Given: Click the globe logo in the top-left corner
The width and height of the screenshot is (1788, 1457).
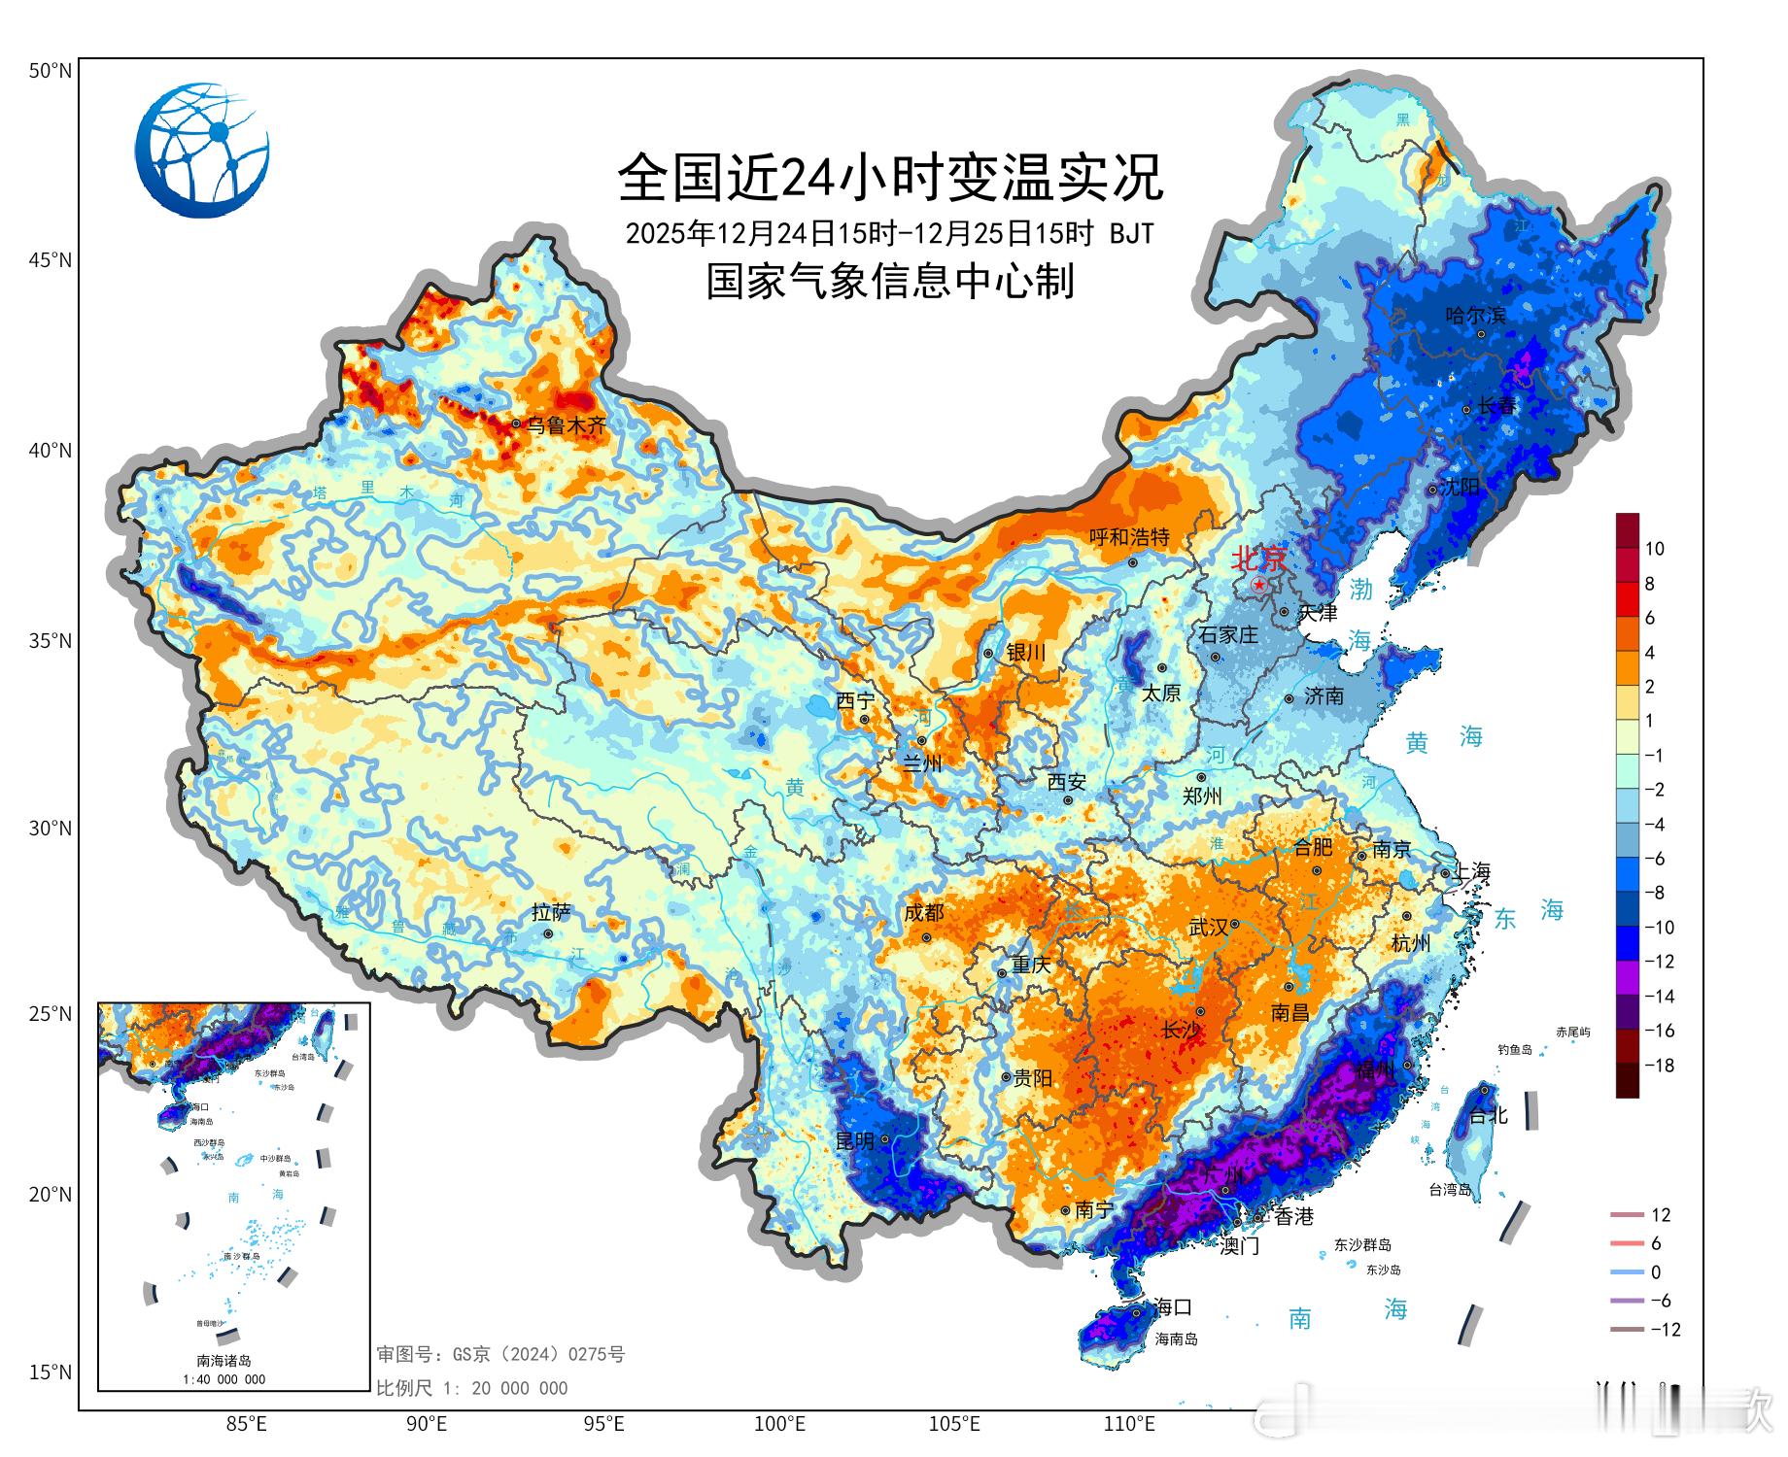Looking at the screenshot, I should [x=202, y=150].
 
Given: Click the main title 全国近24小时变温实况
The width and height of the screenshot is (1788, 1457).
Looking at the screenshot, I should [x=890, y=177].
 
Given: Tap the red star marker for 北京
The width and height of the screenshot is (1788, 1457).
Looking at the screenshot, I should [x=1259, y=585].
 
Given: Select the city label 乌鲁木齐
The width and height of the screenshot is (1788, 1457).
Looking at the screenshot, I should [x=566, y=425].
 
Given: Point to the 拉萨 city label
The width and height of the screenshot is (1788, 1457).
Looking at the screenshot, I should [x=551, y=912].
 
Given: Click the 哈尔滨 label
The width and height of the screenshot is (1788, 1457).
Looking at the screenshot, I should [x=1475, y=316].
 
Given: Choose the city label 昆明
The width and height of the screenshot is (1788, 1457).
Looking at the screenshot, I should [x=855, y=1140].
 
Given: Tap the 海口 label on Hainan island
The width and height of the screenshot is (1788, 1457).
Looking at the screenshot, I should [x=1173, y=1307].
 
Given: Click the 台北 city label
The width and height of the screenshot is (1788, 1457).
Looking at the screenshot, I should [x=1488, y=1115].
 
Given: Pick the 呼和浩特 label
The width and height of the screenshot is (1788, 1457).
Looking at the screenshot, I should [x=1128, y=537].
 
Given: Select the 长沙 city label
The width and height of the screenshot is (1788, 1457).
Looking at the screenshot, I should [x=1182, y=1031].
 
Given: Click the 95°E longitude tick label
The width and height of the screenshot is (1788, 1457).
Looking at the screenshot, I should [x=603, y=1425].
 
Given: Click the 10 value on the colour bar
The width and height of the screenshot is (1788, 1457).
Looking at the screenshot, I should [x=1655, y=549].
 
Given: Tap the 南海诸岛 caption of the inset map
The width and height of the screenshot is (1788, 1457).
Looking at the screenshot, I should [x=224, y=1361].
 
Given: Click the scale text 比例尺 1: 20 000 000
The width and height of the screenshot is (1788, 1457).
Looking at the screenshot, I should [x=472, y=1389].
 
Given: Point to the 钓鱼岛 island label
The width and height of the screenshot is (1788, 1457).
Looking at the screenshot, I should [x=1514, y=1050].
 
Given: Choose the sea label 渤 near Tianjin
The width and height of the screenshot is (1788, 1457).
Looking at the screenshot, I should [x=1360, y=589].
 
